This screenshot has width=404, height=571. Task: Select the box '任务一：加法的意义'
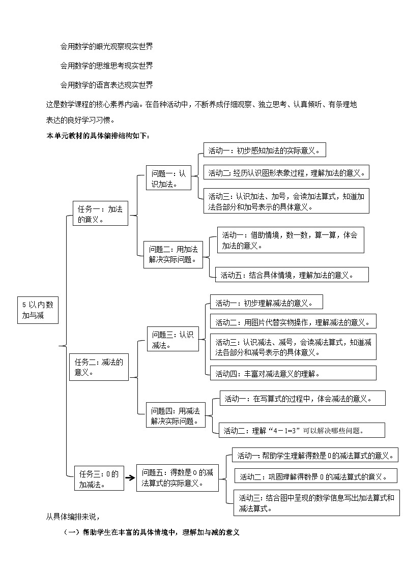[x=100, y=214]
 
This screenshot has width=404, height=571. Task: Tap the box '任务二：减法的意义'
[x=99, y=367]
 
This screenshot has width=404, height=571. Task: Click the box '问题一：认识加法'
[x=166, y=178]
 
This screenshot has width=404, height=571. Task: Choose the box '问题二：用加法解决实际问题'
[x=173, y=254]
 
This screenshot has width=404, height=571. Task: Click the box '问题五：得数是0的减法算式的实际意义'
[x=177, y=477]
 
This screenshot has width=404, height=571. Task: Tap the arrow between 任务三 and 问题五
[x=130, y=478]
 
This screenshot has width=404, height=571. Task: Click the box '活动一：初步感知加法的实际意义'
[x=264, y=151]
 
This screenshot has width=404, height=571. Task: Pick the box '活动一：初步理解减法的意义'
[x=266, y=303]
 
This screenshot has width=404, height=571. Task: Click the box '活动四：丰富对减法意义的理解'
[x=293, y=373]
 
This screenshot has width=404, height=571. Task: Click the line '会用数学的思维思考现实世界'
[x=106, y=66]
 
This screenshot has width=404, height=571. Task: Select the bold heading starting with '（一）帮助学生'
[x=151, y=532]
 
